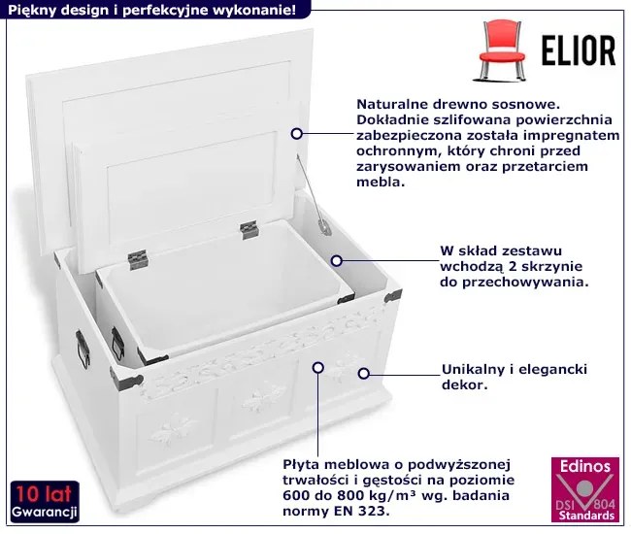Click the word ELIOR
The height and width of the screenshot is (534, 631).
tap(579, 50)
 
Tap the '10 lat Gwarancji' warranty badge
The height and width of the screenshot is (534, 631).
tap(45, 501)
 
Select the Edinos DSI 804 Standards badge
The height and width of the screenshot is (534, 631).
tap(585, 489)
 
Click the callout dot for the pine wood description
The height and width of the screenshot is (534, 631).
tap(297, 134)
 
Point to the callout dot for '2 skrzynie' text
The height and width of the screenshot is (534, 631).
tap(337, 261)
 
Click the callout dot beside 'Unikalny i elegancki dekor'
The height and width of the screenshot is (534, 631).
tap(363, 374)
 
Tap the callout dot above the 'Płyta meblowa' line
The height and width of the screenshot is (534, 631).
tap(318, 367)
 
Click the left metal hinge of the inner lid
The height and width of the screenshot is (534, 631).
tap(138, 259)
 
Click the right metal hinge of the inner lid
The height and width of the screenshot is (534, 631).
tap(249, 230)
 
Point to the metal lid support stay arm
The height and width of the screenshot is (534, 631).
tap(314, 195)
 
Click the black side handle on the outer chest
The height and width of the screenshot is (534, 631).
tap(83, 349)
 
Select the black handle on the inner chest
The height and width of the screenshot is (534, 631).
tap(117, 344)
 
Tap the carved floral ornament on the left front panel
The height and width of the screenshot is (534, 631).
tap(172, 431)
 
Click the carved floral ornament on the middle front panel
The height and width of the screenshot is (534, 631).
tap(263, 397)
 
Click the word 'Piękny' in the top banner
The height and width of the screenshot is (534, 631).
tap(32, 10)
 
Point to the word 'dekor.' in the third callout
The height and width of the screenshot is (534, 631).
tap(465, 384)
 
